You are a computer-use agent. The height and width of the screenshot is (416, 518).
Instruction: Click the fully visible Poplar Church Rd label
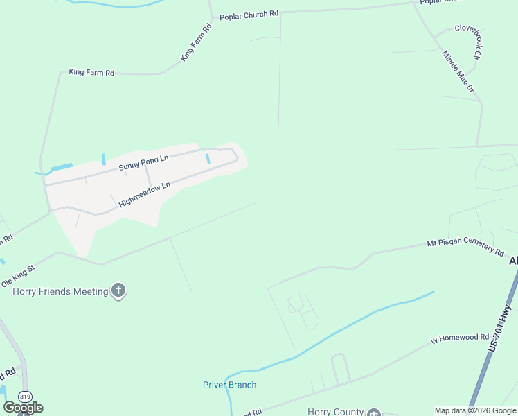pos(249,15)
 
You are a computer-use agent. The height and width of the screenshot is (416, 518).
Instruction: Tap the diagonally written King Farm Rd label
pos(196,44)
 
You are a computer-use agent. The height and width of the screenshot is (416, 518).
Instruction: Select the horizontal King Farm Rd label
pos(91,72)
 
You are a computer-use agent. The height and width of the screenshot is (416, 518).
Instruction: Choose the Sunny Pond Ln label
pos(143,163)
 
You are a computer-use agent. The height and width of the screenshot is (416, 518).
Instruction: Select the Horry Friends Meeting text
pos(61,291)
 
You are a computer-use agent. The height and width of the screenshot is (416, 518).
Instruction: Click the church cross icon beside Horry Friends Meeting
pos(118,291)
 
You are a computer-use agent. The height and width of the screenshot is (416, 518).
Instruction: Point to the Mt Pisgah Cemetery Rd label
pos(465,246)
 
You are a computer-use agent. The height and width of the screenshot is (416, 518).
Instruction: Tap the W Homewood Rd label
pos(460,338)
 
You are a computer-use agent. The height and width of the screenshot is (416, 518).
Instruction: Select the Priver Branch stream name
pos(229,385)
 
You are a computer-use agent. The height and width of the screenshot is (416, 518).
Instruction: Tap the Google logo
pos(23,408)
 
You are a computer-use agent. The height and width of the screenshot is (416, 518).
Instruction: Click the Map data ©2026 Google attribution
pos(475,410)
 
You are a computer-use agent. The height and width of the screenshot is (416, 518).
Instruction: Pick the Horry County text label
pos(334,412)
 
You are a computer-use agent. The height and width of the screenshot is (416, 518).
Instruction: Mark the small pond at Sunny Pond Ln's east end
pos(208,159)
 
